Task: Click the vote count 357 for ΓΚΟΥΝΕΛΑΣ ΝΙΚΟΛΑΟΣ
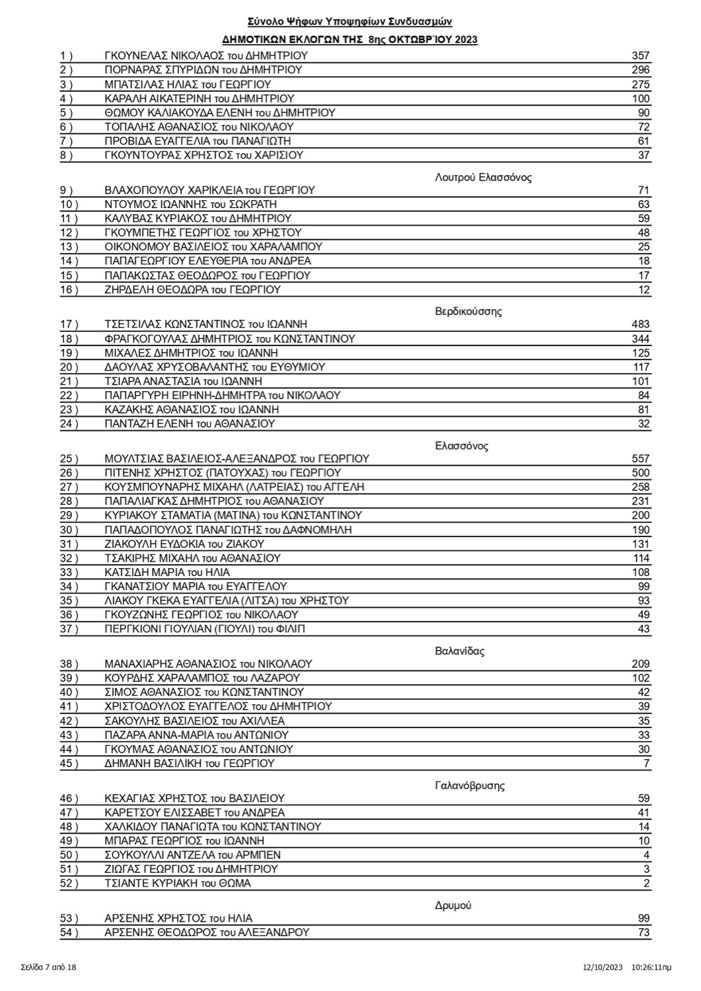640,56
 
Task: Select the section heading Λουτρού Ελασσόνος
483,177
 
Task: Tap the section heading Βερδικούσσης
468,311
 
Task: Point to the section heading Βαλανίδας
460,651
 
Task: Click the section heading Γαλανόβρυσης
470,786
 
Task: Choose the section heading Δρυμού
453,905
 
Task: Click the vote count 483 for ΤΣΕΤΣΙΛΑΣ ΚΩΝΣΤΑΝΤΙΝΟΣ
640,324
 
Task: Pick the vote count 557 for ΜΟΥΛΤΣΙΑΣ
640,459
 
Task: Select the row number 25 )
69,459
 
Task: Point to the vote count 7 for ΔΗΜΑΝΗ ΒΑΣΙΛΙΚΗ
646,764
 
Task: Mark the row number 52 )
69,883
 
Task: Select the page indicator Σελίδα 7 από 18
48,968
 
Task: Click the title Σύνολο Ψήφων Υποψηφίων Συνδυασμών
350,22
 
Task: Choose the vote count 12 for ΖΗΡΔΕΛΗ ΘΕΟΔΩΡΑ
644,290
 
